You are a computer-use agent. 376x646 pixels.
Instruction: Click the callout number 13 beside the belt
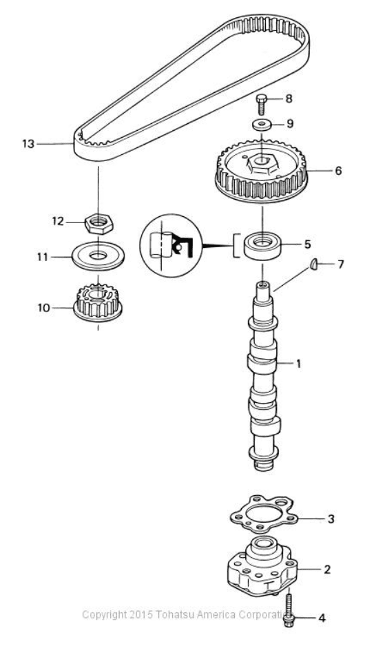[x=28, y=144]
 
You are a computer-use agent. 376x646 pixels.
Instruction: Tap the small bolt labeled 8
[x=262, y=105]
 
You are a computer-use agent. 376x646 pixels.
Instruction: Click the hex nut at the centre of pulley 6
[x=262, y=165]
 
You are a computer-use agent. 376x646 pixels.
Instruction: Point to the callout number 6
[x=338, y=171]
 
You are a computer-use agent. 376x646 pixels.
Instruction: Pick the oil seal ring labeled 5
[x=262, y=247]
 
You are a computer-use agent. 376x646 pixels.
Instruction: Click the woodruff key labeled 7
[x=314, y=264]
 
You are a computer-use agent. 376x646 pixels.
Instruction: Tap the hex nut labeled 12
[x=99, y=224]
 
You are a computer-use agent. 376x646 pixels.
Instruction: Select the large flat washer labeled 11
[x=98, y=256]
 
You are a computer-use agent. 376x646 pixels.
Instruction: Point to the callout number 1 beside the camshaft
[x=299, y=364]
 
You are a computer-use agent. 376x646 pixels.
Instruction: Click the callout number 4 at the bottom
[x=322, y=618]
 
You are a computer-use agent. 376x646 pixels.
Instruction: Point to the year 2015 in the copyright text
[x=141, y=615]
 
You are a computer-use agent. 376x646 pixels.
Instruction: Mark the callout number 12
[x=58, y=222]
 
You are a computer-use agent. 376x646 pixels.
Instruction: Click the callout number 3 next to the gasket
[x=331, y=519]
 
